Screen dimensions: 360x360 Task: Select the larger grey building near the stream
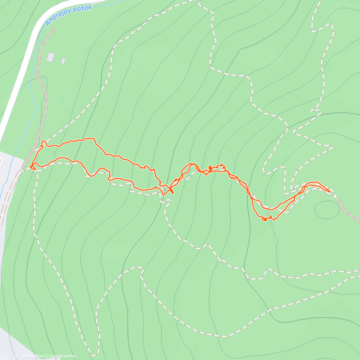tap(51, 57)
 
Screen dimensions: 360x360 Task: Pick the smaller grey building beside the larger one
tap(63, 61)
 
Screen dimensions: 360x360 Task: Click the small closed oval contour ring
tap(327, 209)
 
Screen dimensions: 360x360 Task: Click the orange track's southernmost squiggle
tap(264, 220)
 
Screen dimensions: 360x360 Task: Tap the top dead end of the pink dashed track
tap(53, 29)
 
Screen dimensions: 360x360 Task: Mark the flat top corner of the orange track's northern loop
tap(94, 139)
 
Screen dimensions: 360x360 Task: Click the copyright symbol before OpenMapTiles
tap(17, 356)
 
